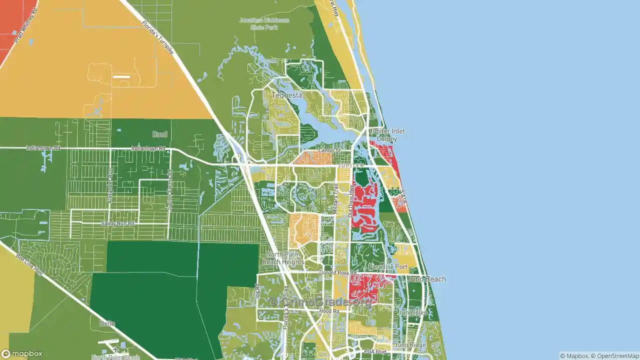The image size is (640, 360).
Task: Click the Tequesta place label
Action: (286, 95)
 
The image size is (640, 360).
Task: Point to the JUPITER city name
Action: (350, 165)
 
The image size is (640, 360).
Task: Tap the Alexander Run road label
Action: (110, 184)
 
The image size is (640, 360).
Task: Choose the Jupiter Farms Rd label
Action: (170, 190)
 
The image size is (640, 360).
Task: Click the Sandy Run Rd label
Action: (117, 223)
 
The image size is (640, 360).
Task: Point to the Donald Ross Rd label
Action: (338, 273)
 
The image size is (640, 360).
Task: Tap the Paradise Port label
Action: (388, 267)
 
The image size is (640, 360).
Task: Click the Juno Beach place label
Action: (427, 279)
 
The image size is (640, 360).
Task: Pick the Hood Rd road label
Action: (329, 311)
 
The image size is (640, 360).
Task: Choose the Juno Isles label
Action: (412, 313)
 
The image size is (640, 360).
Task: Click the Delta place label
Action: (107, 323)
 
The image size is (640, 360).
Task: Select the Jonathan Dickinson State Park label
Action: (264, 23)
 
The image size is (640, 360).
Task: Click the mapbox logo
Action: (22, 353)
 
